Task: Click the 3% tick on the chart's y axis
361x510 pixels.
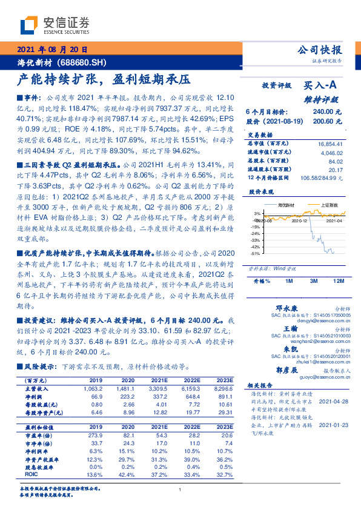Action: point(257,213)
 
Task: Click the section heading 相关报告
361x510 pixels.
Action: point(263,385)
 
